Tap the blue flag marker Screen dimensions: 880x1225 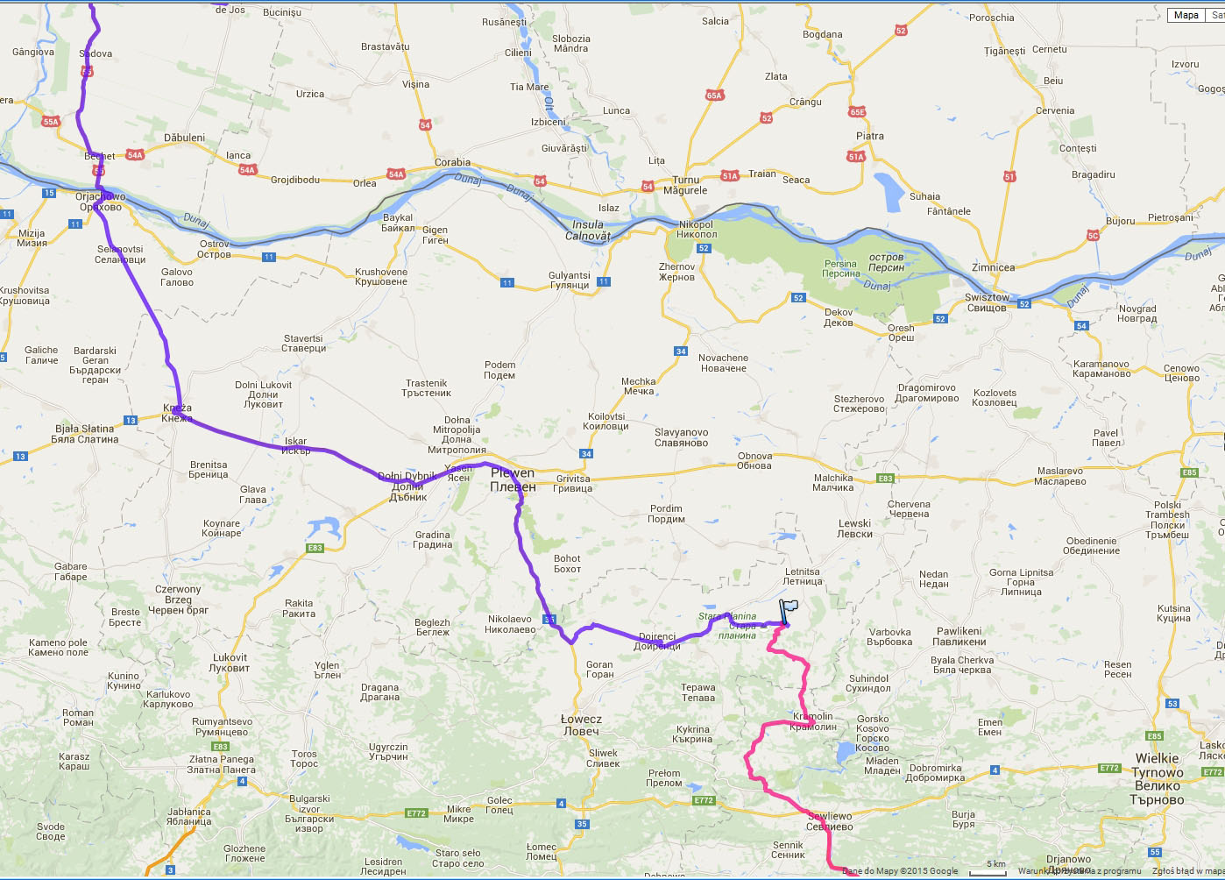pos(787,611)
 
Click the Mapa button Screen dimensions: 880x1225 pos(1186,15)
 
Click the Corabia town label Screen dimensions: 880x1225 pos(452,162)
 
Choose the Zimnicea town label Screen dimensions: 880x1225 pos(993,267)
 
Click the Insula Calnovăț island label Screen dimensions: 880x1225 pos(587,230)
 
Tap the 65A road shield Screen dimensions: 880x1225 pos(714,96)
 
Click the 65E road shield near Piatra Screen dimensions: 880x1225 pos(856,112)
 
